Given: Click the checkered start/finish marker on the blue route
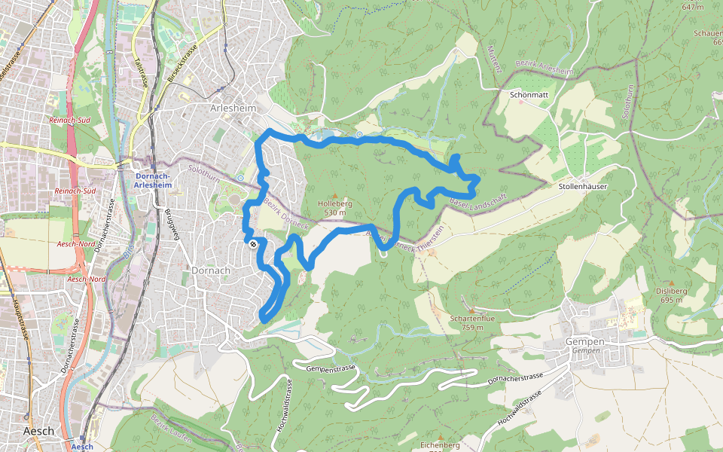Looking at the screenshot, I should click(x=254, y=243).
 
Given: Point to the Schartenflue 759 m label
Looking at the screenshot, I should click(x=472, y=322).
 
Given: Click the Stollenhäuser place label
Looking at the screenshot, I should click(x=583, y=185).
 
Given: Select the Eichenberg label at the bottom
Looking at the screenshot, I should click(x=441, y=445).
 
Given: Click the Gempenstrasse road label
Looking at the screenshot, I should click(x=331, y=368).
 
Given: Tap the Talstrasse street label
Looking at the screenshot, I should click(x=138, y=72).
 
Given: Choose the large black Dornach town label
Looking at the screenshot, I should click(x=204, y=270).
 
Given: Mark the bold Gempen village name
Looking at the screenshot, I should click(x=585, y=341).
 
